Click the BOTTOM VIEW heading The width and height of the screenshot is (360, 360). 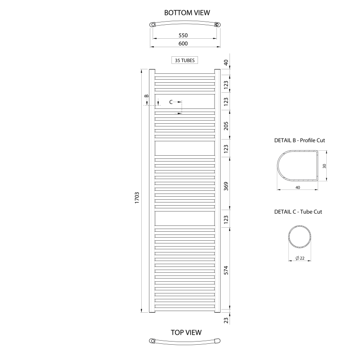(x=187, y=13)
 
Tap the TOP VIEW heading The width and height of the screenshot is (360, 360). (x=186, y=333)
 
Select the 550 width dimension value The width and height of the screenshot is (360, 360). (x=183, y=36)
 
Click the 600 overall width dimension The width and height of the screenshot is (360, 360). (x=183, y=43)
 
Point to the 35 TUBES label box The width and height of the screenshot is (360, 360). (x=184, y=60)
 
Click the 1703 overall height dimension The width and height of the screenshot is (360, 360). (x=137, y=198)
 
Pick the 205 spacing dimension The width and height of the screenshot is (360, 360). (x=226, y=126)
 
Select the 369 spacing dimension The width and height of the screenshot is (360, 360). (x=226, y=186)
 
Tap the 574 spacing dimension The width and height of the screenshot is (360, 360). (x=226, y=270)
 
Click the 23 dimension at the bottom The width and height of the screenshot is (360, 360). (x=226, y=320)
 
